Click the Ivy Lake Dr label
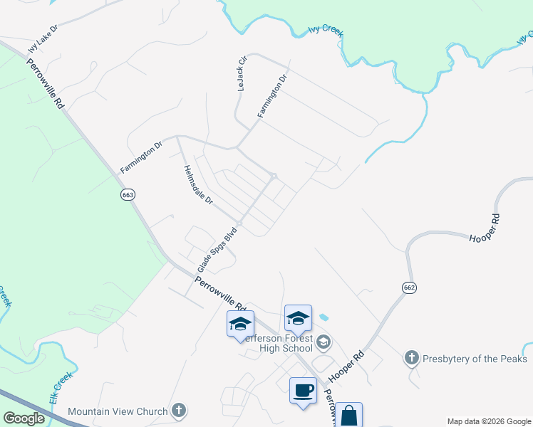[x=43, y=38]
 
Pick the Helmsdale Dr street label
[x=198, y=185]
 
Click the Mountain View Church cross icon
[x=179, y=411]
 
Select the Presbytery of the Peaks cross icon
[x=411, y=359]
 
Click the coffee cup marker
[x=303, y=391]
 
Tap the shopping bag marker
[x=349, y=416]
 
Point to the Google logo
[x=24, y=418]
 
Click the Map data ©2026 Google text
[x=489, y=421]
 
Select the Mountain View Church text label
[x=118, y=411]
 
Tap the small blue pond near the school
[x=324, y=316]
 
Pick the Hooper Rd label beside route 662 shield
[x=487, y=227]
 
